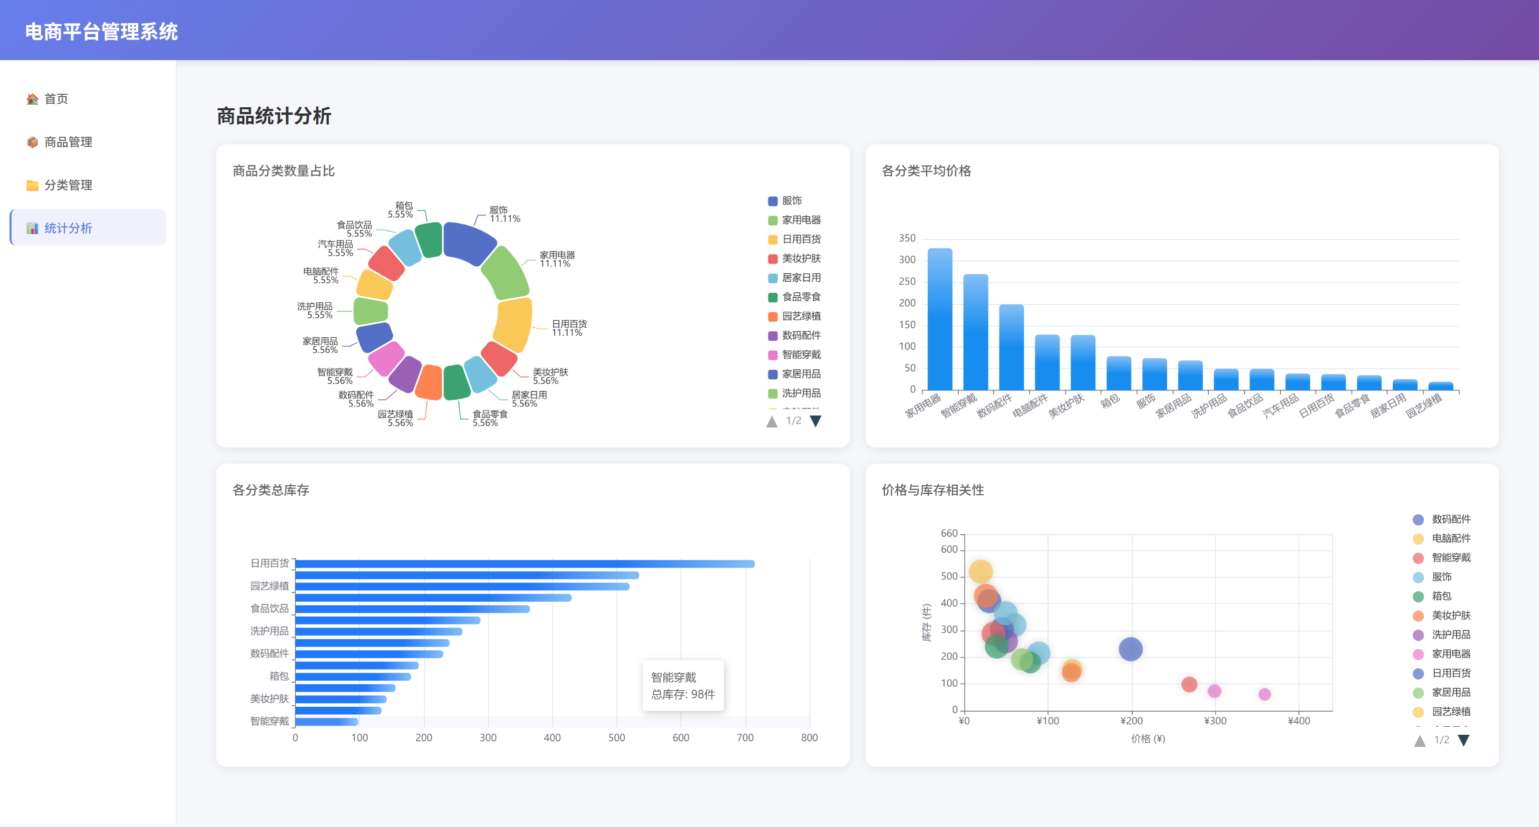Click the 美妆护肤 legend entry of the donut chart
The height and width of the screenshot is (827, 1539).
[794, 258]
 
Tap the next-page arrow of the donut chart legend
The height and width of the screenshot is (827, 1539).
[816, 421]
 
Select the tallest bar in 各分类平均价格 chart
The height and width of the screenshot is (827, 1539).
[940, 319]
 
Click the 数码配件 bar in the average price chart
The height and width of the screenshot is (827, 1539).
[1011, 347]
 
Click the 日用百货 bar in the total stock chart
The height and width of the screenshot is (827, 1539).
[525, 563]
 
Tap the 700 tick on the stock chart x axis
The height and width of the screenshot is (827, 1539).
[745, 737]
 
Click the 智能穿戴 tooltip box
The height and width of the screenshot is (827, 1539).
[683, 685]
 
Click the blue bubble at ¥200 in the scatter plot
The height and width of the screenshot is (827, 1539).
[1130, 649]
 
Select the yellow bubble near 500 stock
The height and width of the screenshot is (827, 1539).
[980, 572]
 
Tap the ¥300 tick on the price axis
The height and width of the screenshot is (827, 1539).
[1214, 721]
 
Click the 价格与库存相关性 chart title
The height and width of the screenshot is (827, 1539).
[933, 490]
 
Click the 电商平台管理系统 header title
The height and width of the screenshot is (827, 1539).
[102, 32]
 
